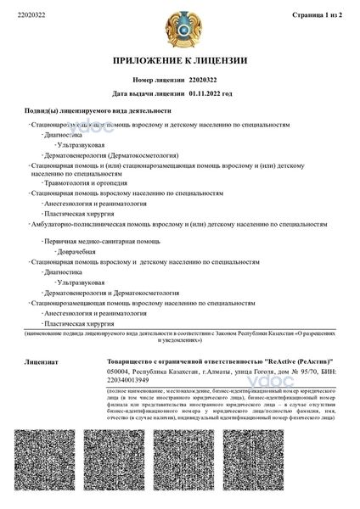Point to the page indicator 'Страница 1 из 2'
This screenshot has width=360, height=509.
pyautogui.click(x=315, y=14)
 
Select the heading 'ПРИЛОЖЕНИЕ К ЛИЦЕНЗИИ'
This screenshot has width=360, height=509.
pyautogui.click(x=180, y=61)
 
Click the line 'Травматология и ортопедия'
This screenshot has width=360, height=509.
pyautogui.click(x=82, y=182)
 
